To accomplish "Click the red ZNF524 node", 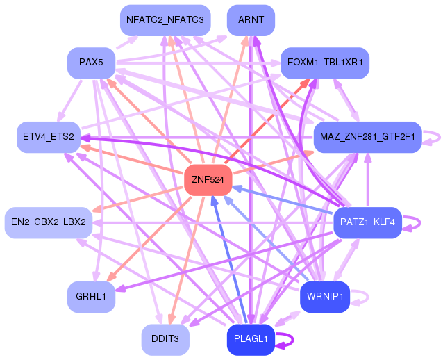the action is click(208, 179).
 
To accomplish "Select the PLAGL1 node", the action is click(251, 339).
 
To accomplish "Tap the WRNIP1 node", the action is click(325, 297).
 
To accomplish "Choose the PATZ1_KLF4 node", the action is click(367, 222).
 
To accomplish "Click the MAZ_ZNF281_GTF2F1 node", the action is click(367, 137).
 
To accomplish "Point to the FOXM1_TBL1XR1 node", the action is click(325, 63).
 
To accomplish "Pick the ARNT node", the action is click(251, 20).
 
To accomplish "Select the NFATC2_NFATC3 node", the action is click(165, 20).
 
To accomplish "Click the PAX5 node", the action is click(91, 63).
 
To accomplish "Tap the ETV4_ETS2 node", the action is click(49, 137).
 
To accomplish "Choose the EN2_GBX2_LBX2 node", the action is click(49, 222).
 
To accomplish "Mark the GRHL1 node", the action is click(91, 297).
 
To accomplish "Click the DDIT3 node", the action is click(165, 339).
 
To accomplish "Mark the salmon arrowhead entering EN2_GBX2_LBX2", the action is click(97, 210).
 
